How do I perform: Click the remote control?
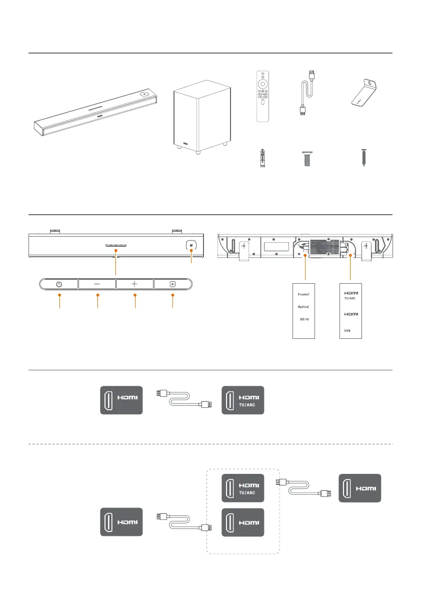tap(263, 96)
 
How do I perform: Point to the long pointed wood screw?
tap(364, 159)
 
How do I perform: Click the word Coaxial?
tap(303, 294)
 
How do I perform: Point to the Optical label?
tap(303, 307)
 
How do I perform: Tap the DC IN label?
tap(303, 319)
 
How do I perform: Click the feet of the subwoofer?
tap(200, 152)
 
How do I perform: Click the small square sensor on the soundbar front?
tap(190, 246)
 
